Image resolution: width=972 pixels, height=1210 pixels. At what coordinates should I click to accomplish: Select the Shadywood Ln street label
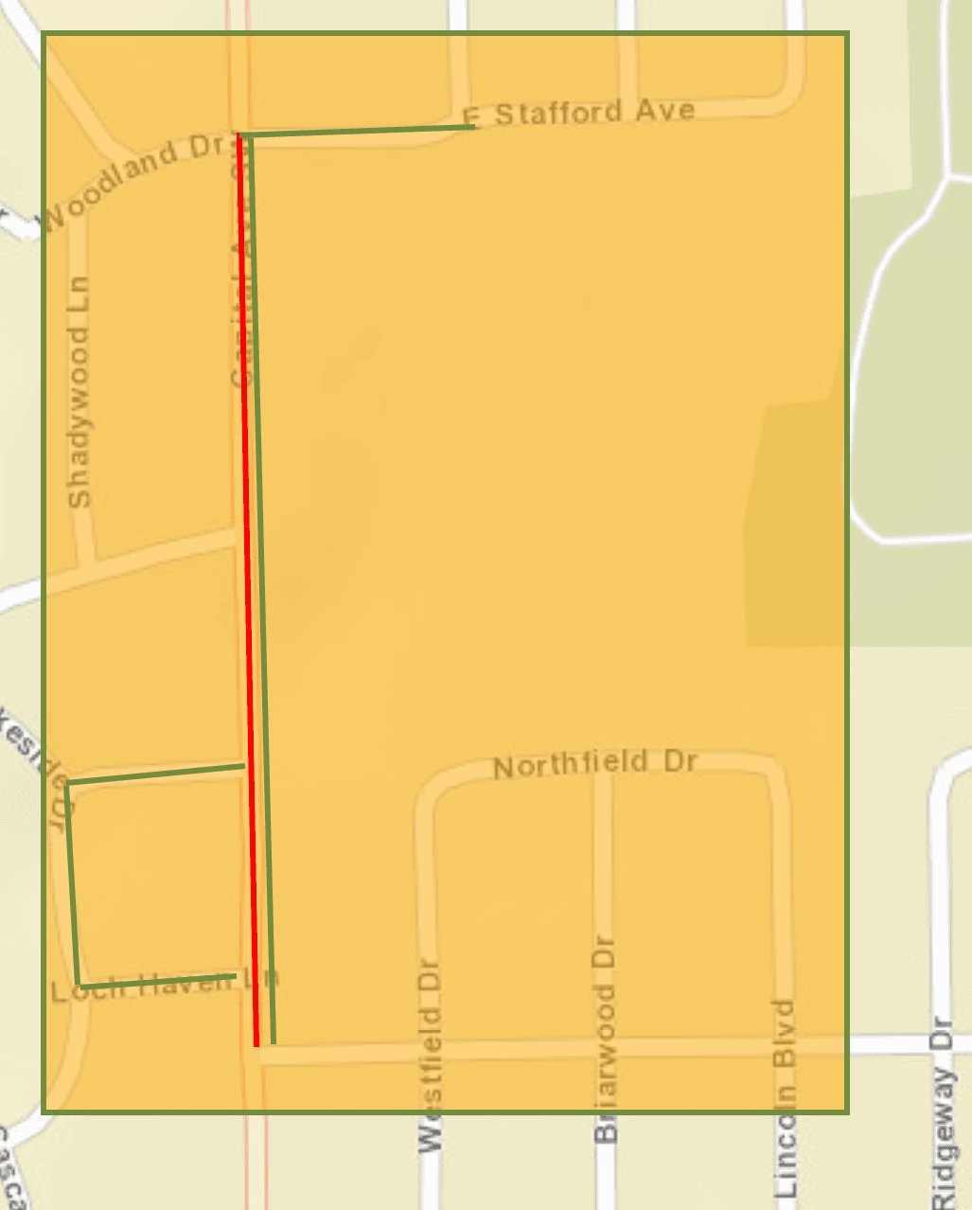coord(80,391)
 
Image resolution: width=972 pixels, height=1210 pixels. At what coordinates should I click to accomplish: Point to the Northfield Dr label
coord(595,764)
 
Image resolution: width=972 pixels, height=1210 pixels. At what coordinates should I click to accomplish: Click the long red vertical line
coord(247,587)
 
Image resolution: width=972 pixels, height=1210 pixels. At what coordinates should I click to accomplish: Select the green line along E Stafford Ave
coord(360,131)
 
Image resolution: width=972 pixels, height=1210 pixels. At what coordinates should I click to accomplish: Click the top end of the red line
coord(239,137)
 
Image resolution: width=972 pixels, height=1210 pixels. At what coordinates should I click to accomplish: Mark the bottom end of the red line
coord(256,1044)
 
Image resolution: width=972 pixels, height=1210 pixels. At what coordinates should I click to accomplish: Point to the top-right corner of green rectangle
coord(846,34)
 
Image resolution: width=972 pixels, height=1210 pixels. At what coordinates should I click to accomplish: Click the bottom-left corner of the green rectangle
coord(44,1111)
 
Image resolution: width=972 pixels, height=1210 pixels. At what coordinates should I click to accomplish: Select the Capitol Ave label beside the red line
coord(241,312)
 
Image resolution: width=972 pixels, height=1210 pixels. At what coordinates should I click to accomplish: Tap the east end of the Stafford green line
coord(472,126)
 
